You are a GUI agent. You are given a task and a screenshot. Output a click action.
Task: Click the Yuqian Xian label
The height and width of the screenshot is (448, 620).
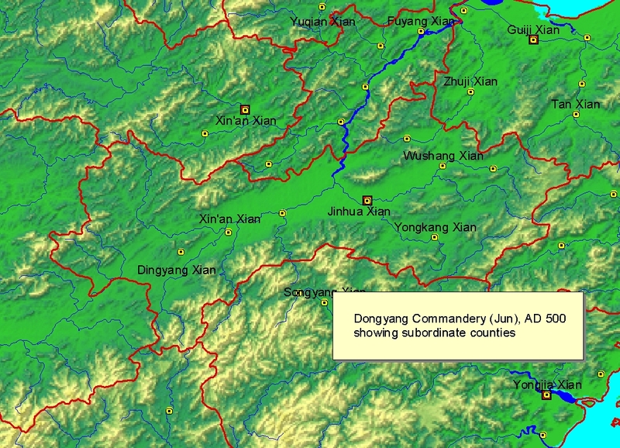[x=322, y=22]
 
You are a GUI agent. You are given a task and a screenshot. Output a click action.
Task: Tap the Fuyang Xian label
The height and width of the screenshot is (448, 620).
[x=419, y=21]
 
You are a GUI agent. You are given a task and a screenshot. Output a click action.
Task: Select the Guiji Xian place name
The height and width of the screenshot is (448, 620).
[x=533, y=29]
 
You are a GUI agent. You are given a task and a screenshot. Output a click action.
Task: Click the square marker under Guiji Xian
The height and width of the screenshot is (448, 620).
[x=533, y=40]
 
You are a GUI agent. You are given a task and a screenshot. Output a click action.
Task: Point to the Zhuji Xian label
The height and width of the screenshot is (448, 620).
[x=470, y=81]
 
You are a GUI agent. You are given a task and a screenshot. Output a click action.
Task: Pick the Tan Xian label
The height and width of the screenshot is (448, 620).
[x=576, y=104]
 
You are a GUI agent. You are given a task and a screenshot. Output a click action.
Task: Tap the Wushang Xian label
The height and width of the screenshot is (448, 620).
[x=443, y=156]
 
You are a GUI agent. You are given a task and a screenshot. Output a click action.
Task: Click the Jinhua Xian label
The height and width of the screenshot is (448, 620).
[x=359, y=211]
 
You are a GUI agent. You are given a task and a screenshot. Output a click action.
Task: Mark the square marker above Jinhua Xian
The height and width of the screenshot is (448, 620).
[x=367, y=200]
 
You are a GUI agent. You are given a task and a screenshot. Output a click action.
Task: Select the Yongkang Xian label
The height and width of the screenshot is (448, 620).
[x=435, y=227]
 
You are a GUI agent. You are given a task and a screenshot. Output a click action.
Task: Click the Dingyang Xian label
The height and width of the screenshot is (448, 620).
[x=176, y=271]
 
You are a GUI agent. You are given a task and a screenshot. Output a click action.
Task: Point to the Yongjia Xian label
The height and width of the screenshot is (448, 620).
[x=547, y=384]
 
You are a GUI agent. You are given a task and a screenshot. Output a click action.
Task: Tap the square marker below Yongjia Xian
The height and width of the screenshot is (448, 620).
[x=547, y=395]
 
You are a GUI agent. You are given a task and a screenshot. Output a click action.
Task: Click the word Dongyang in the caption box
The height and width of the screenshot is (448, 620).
[x=381, y=319]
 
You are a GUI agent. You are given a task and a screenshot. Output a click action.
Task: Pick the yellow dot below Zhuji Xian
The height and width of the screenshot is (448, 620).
[x=470, y=92]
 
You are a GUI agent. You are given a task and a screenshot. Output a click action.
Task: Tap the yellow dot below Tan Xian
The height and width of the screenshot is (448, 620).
[x=576, y=115]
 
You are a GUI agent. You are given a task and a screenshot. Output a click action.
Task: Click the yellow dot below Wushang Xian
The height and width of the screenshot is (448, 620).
[x=443, y=166]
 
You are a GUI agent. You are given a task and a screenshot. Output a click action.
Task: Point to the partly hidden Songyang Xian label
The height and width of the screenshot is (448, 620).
[x=314, y=292]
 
